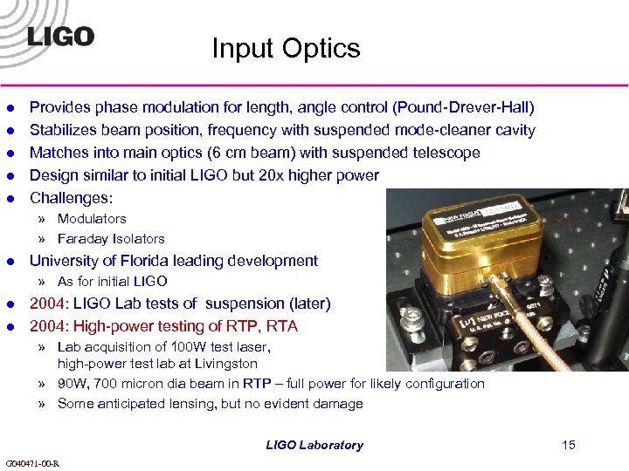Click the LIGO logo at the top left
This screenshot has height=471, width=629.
pos(60,37)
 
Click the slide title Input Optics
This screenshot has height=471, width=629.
pos(286,48)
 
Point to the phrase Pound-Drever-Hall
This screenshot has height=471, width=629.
pos(463,107)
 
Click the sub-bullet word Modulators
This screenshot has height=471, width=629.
pos(92,219)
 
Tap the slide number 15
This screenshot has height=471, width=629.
pos(569,445)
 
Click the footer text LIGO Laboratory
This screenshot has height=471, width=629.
pos(314,445)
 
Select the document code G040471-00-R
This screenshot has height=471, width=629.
pos(32,462)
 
